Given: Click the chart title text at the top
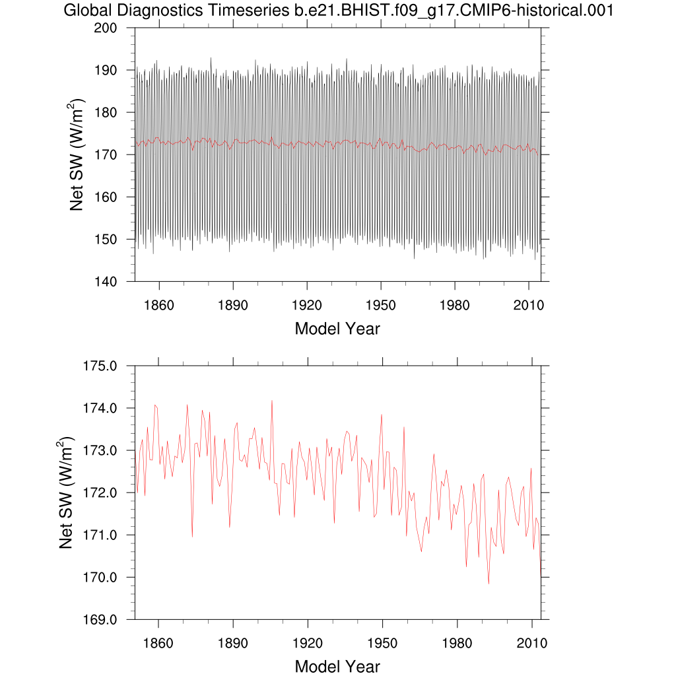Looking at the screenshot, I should click(337, 11).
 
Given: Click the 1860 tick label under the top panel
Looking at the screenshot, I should click(158, 306).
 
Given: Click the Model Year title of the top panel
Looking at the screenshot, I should click(337, 328).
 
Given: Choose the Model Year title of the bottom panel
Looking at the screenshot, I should click(337, 666).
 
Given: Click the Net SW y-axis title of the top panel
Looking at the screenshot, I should click(77, 154).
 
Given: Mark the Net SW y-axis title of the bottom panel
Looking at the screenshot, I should click(66, 492).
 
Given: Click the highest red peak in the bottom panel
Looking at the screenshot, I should click(271, 401).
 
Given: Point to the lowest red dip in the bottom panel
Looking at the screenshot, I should click(489, 584).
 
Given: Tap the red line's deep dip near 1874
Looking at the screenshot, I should click(192, 536).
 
